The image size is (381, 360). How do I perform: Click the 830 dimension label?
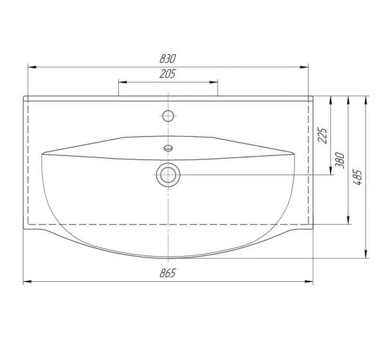tap(168, 59)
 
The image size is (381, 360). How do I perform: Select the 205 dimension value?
tap(168, 74)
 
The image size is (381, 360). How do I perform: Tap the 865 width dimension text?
tap(168, 273)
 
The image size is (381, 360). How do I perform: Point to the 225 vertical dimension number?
tap(323, 135)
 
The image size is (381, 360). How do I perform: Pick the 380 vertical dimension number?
tap(340, 161)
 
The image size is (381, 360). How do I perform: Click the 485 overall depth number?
tap(357, 177)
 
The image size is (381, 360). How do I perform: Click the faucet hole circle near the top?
tap(168, 116)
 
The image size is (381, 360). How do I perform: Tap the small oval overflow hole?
tap(168, 148)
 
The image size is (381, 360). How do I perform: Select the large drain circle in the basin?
tap(168, 175)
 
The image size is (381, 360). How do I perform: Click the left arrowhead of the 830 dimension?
tap(32, 67)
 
